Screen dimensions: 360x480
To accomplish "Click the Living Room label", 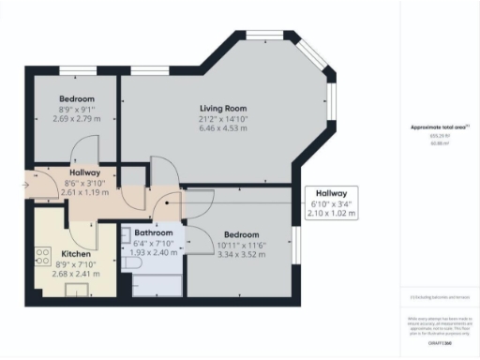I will (x=221, y=107).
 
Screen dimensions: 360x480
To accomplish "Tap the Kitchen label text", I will (x=75, y=253).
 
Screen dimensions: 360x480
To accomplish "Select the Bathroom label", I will (x=152, y=232).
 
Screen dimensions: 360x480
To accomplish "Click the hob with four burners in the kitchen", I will (x=42, y=256).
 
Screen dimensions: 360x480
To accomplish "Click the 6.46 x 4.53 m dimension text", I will (x=221, y=129).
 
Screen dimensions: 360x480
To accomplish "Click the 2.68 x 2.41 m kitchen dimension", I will (x=75, y=275).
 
